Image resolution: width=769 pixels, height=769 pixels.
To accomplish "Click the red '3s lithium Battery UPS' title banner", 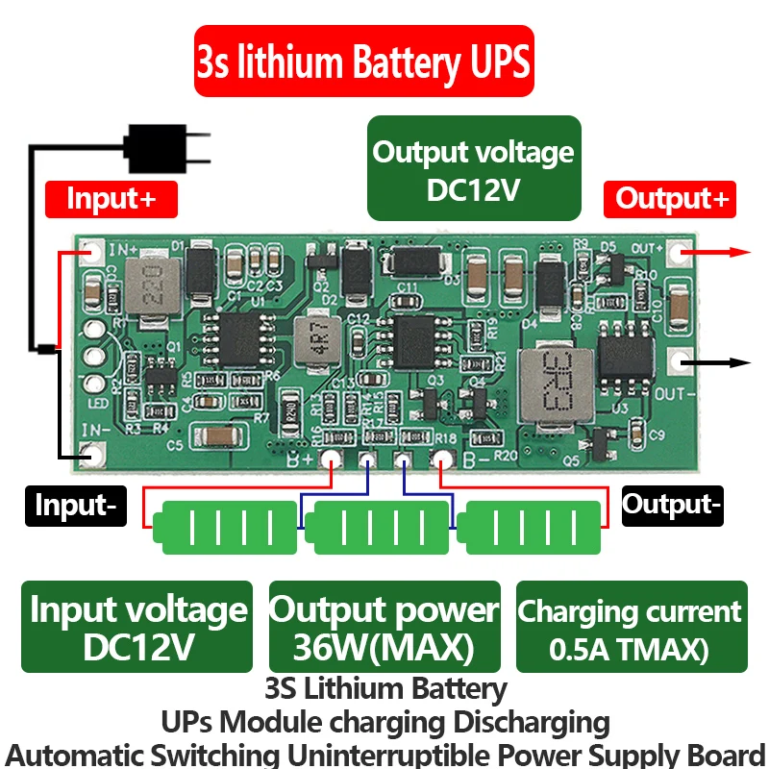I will point(363,61).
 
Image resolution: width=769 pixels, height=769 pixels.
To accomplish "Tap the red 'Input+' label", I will point(112,199).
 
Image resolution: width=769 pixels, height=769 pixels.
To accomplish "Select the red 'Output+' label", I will point(670,199).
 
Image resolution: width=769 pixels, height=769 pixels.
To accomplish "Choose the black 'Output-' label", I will point(672,504).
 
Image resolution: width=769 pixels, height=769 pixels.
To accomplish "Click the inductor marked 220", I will point(151,283).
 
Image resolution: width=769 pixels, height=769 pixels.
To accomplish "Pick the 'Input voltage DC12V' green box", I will point(137,627).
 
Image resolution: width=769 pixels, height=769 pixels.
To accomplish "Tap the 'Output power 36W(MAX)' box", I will point(384,627).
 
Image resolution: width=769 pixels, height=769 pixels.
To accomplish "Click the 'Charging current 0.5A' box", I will point(632,627).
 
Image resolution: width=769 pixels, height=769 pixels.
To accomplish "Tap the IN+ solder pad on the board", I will point(92,254).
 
